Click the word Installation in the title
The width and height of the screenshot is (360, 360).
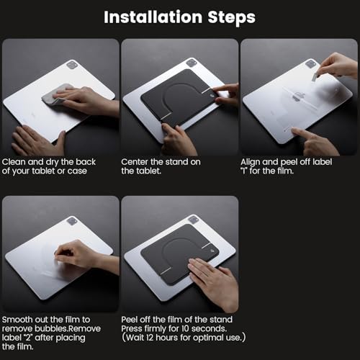(153, 17)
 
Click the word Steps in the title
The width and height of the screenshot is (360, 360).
(232, 17)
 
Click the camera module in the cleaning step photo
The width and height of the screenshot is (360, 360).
(72, 65)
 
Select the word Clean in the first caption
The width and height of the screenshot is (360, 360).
(14, 162)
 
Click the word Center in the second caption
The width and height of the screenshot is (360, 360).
(135, 162)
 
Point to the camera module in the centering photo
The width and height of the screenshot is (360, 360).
(192, 63)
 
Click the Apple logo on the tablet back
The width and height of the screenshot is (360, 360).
(299, 96)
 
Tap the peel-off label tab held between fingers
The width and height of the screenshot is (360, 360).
(315, 76)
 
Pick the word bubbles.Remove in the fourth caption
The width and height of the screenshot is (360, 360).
(68, 328)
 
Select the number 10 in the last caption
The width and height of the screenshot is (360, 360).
(185, 328)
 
